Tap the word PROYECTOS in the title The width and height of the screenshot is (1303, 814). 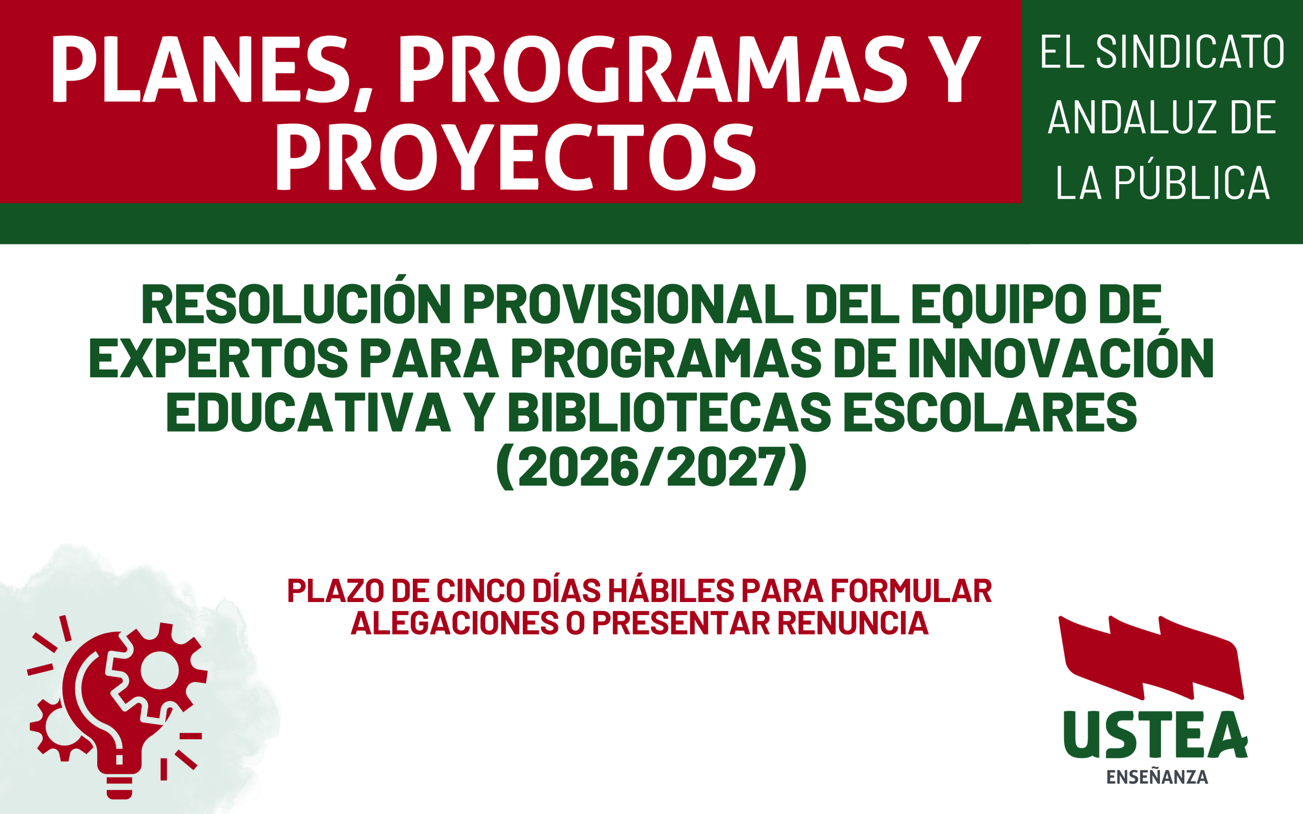(516, 157)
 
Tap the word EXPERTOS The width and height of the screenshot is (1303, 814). (219, 358)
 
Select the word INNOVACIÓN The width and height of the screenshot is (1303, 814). (1062, 354)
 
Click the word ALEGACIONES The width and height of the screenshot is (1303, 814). (455, 623)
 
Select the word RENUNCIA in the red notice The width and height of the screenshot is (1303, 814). (853, 623)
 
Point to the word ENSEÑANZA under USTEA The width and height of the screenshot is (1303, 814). (1157, 777)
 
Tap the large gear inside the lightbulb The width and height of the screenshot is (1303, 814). (160, 671)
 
